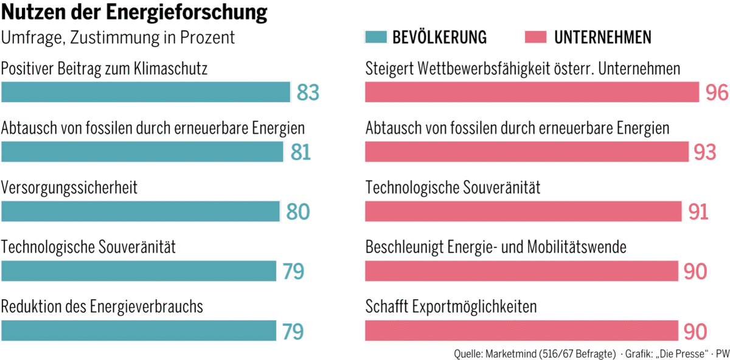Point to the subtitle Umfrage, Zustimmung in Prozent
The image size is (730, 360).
tap(118, 38)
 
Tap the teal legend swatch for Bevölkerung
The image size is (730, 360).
tap(375, 38)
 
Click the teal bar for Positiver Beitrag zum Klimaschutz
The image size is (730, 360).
tap(145, 92)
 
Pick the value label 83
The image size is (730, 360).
tap(308, 93)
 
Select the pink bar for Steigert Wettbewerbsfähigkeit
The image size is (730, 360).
tap(532, 92)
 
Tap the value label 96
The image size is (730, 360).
tap(717, 93)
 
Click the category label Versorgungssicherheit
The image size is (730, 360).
tap(69, 187)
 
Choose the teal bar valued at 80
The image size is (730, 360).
tap(141, 212)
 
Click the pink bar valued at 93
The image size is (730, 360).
tap(527, 152)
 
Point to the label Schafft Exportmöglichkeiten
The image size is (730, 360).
tap(451, 306)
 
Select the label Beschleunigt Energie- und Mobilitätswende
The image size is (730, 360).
tap(496, 247)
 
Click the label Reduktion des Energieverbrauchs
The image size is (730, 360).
tap(102, 306)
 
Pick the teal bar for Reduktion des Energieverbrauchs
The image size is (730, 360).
tap(139, 331)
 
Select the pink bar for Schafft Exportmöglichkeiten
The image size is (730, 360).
tap(521, 331)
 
